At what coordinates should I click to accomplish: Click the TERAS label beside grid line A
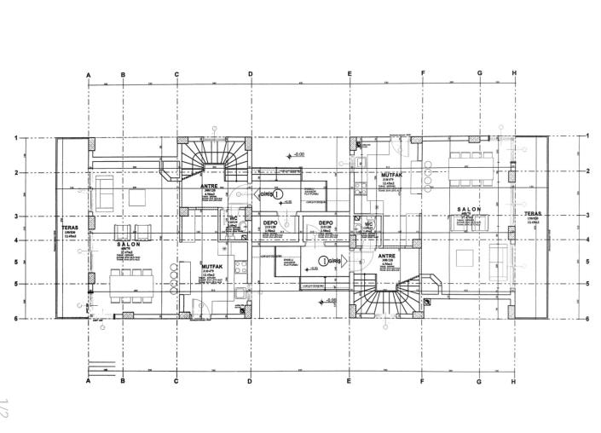pyautogui.click(x=71, y=228)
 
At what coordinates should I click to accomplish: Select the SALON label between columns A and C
pyautogui.click(x=128, y=244)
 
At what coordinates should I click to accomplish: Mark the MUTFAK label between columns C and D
pyautogui.click(x=212, y=266)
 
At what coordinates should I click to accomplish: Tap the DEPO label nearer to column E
pyautogui.click(x=325, y=222)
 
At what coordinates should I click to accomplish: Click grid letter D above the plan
pyautogui.click(x=251, y=74)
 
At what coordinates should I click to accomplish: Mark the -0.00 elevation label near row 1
pyautogui.click(x=298, y=154)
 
